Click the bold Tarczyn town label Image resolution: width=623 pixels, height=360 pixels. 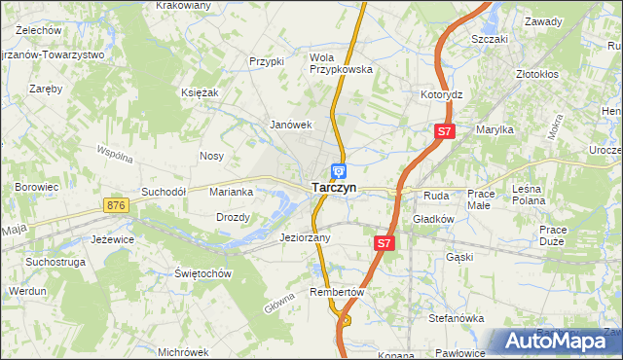[333, 188]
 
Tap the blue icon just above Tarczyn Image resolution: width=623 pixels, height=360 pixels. [337, 170]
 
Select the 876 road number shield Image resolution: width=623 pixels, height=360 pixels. [118, 205]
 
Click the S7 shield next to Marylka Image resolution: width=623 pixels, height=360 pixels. [444, 130]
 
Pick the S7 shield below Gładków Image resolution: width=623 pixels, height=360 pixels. [385, 243]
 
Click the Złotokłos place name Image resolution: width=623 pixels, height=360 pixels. [536, 74]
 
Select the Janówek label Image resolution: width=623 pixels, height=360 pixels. [290, 125]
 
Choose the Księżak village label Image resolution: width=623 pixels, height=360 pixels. [199, 91]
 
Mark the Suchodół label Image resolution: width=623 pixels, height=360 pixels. [164, 192]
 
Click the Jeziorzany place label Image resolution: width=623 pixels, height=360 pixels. [305, 237]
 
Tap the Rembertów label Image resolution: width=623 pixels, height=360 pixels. [336, 292]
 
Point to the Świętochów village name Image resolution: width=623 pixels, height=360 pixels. [202, 273]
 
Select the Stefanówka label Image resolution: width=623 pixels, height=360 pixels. [457, 318]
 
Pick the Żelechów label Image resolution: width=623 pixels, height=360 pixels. [33, 30]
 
